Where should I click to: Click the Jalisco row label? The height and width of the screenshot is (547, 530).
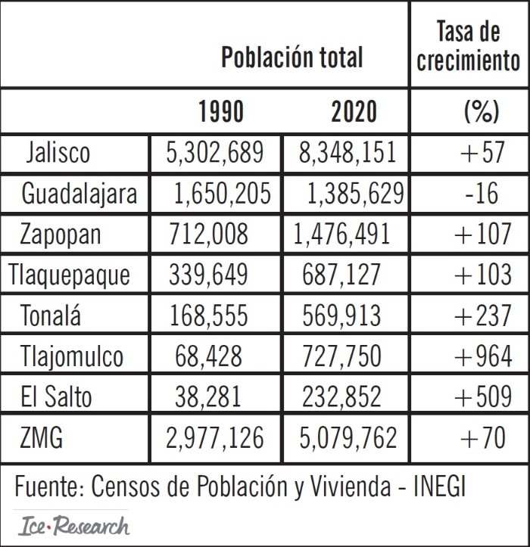57,152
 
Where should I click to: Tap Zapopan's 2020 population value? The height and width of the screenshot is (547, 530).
342,234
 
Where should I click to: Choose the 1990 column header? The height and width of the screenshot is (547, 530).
221,112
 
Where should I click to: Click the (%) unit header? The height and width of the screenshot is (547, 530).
480,112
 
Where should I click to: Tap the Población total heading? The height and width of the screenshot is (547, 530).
291,57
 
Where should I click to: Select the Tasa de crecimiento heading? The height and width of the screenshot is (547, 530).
469,45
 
